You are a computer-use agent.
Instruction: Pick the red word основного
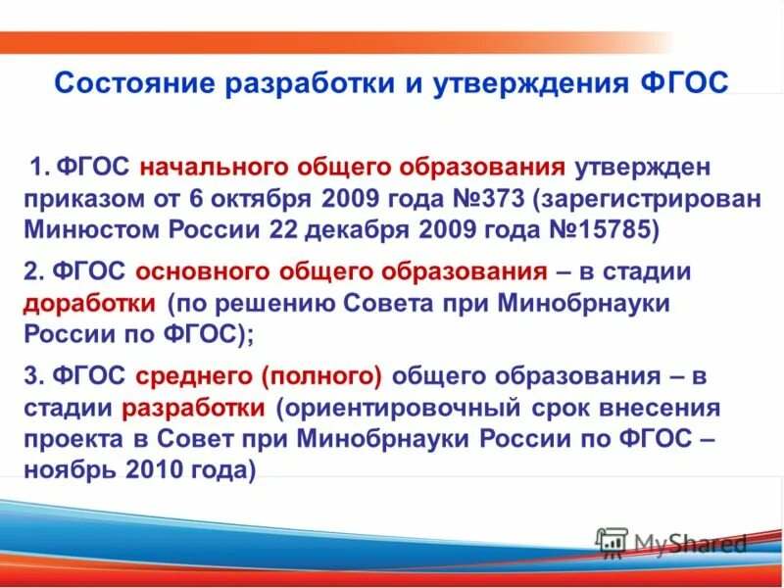(x=196, y=270)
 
